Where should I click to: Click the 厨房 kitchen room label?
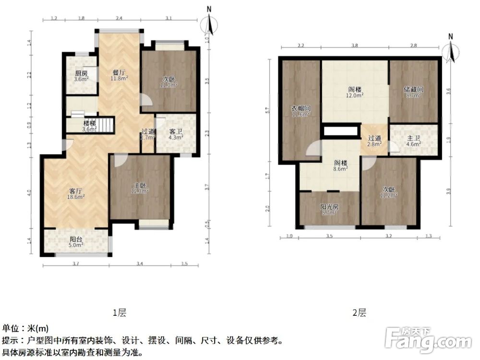[x=81, y=76]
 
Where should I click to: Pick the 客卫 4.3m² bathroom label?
[x=176, y=134]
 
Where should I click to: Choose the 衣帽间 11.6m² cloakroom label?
[x=301, y=111]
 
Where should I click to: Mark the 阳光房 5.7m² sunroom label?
[x=329, y=210]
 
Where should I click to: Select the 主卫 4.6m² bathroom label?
[x=414, y=140]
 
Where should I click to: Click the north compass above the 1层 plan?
[x=208, y=26]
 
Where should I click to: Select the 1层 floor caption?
[x=119, y=313]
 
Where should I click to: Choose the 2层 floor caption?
[x=359, y=313]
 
